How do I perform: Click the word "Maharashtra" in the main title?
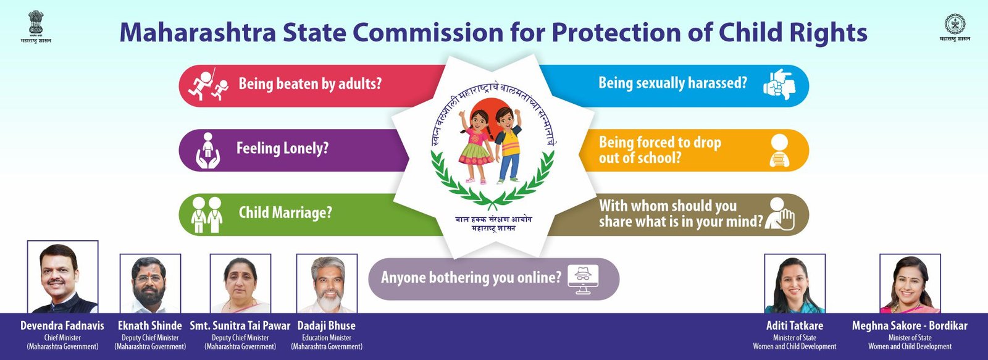198,32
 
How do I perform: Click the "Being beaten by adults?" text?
310,83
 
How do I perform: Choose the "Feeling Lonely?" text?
283,148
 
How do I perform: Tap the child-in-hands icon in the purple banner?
207,151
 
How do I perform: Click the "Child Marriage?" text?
285,212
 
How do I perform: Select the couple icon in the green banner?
207,215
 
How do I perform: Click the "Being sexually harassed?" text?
672,83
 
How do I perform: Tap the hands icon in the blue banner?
779,84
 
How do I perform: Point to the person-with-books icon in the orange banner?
780,151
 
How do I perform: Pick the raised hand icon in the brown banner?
780,214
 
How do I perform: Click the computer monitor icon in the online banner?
583,279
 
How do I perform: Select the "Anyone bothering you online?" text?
471,277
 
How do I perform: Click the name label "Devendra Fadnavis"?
62,325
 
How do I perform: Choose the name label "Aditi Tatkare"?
795,325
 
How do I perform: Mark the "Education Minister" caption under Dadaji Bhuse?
327,338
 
